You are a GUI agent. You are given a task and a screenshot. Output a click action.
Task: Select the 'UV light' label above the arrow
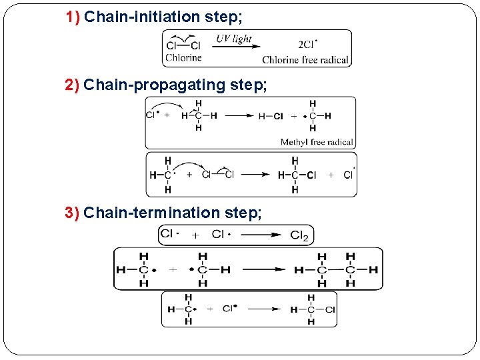click(233, 39)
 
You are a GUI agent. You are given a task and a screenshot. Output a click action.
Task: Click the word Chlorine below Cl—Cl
click(183, 58)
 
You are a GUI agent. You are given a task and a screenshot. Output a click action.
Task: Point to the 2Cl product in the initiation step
click(307, 45)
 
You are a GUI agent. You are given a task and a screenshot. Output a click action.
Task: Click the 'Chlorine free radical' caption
click(305, 60)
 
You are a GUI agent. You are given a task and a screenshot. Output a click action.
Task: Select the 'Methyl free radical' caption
click(317, 142)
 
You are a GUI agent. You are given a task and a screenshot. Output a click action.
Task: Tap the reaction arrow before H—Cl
click(239, 116)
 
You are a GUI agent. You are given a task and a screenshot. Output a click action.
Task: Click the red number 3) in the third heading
click(73, 213)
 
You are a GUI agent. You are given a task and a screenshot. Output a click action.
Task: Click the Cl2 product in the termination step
click(299, 235)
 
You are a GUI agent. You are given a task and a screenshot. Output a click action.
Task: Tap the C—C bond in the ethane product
click(337, 270)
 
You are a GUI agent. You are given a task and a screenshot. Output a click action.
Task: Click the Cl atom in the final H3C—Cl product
click(330, 309)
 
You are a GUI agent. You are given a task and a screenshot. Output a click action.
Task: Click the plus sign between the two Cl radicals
click(195, 235)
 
